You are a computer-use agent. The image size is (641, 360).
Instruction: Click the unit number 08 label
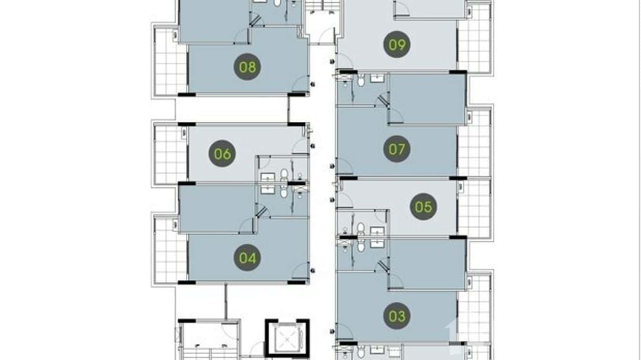click(247, 67)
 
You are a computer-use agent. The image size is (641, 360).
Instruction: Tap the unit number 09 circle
click(397, 45)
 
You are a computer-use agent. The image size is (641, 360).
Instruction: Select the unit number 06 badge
click(223, 154)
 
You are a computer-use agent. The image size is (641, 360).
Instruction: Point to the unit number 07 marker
click(397, 149)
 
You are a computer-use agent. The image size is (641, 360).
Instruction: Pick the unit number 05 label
click(423, 207)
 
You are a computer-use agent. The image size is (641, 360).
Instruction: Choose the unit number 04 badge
click(247, 258)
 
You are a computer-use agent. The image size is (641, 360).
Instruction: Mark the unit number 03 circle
click(397, 316)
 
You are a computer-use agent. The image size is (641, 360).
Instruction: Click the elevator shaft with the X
click(288, 338)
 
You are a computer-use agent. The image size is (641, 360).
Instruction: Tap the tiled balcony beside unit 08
click(170, 61)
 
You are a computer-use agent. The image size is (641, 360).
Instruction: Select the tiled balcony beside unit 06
click(170, 154)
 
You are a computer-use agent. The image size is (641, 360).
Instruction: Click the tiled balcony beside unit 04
click(170, 250)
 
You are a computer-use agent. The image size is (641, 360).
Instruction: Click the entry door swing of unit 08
click(301, 84)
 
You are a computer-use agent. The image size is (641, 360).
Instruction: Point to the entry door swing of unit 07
click(345, 167)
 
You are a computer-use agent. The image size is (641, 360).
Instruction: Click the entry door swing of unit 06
click(300, 147)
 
